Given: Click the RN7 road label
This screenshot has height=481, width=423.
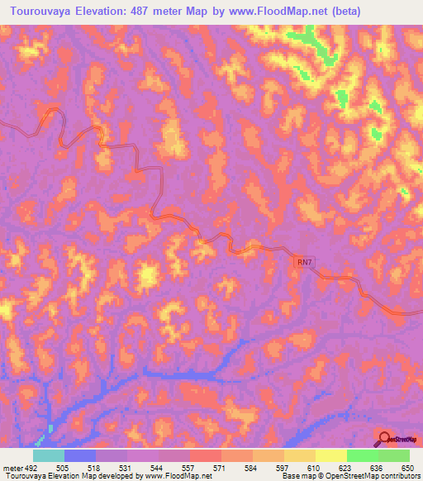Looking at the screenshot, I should [305, 262].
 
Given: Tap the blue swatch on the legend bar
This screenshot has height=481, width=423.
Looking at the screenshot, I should [79, 455].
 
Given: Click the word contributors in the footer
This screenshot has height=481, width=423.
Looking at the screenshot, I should [396, 475].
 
